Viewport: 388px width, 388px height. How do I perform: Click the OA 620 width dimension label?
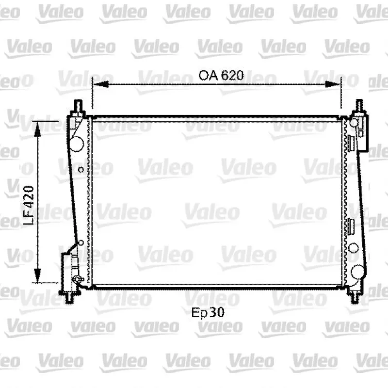click(221, 76)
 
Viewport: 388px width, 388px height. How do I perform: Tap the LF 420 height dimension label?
click(29, 205)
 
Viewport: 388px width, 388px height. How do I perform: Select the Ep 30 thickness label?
click(208, 312)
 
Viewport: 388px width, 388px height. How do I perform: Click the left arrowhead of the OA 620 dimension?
click(101, 84)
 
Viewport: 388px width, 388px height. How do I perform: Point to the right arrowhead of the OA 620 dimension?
click(333, 84)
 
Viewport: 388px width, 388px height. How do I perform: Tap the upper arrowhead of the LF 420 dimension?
click(37, 129)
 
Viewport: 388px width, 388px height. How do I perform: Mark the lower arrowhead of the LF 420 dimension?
click(37, 275)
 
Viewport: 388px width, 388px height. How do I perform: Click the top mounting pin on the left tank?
click(78, 106)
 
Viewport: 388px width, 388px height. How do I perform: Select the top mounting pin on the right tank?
click(359, 106)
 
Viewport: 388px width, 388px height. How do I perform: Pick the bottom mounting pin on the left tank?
click(70, 298)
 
